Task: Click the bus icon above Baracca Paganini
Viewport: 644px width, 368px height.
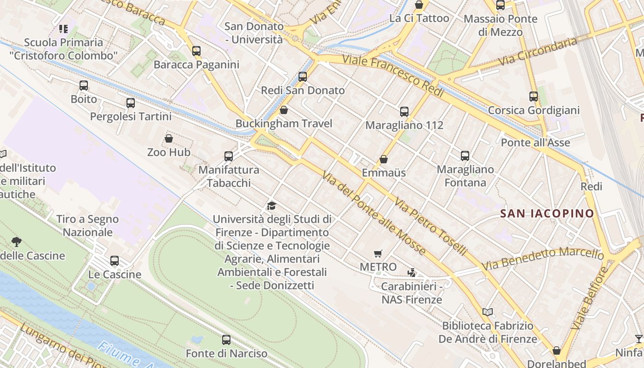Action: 196,51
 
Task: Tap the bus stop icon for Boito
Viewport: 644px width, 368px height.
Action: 83,85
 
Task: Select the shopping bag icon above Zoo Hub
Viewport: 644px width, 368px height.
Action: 169,138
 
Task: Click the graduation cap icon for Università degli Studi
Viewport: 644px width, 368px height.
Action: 271,206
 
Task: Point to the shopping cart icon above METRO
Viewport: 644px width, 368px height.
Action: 378,253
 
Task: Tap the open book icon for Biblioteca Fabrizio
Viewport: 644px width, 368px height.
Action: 488,312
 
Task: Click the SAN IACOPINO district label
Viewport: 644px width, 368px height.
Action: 547,213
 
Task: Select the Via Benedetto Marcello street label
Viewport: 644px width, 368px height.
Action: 543,259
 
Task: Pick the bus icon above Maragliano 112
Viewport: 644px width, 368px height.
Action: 404,111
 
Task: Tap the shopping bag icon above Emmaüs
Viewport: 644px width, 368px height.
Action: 384,159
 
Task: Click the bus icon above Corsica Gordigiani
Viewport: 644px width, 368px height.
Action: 533,97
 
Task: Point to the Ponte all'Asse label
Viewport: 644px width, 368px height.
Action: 535,143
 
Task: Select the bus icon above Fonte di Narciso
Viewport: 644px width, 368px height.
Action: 226,340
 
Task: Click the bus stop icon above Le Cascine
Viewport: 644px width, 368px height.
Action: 115,261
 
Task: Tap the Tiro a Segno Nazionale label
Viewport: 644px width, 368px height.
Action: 87,225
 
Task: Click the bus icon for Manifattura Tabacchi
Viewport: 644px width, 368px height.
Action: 229,156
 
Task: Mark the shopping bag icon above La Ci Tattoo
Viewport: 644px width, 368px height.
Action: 419,5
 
